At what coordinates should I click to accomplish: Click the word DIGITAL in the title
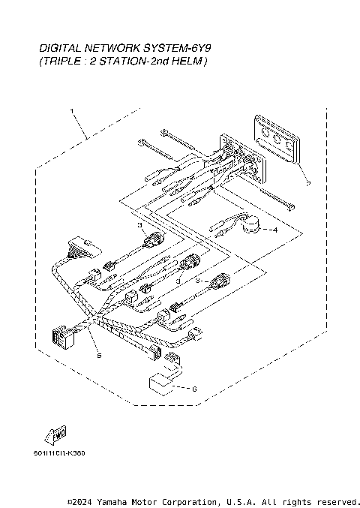(x=58, y=47)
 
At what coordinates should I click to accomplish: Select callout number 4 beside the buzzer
(x=274, y=230)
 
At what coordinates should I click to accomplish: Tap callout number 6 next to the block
(x=194, y=389)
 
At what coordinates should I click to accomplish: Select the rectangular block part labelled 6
(x=162, y=382)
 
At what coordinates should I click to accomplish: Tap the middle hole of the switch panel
(x=277, y=141)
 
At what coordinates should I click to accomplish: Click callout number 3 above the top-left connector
(x=139, y=224)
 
